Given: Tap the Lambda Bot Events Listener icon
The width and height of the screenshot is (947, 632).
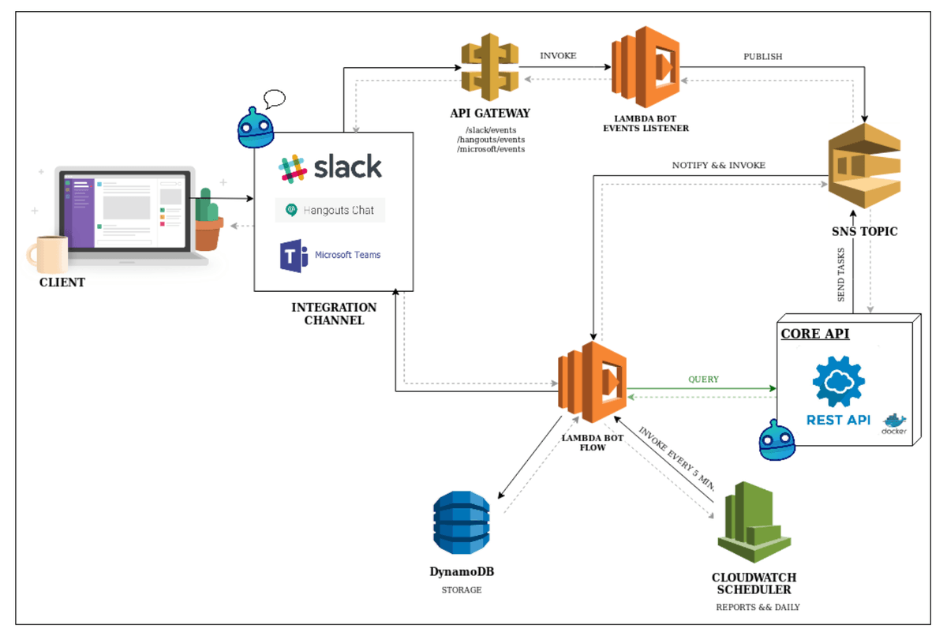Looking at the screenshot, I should [x=646, y=67].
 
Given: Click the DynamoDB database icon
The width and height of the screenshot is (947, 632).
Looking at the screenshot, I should [x=462, y=522].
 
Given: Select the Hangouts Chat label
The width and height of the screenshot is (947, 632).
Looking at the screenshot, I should [x=331, y=210].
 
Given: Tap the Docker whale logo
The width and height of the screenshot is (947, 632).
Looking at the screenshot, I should [x=895, y=422].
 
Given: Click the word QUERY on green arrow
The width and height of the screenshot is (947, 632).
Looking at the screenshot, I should [x=703, y=380].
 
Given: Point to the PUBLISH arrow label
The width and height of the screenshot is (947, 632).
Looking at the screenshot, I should [x=763, y=57].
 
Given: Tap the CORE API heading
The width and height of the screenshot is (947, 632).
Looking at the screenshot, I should [x=815, y=334].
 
